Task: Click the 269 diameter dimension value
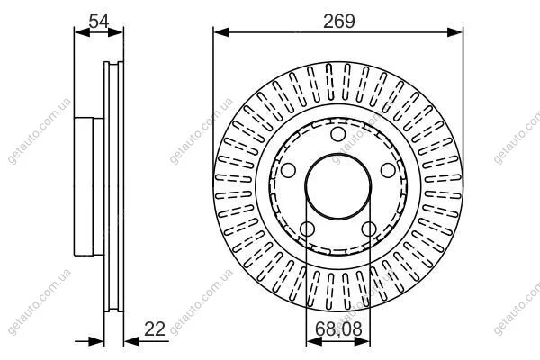pos(339,22)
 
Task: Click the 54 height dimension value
pos(99,22)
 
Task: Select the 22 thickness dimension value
pos(155,329)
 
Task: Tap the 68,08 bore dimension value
pos(338,329)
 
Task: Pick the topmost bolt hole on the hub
pos(338,134)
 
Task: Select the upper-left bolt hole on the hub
pos(288,170)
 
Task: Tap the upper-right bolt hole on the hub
pos(388,170)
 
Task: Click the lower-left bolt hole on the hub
pos(307,229)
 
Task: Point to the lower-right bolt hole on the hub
pos(369,229)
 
